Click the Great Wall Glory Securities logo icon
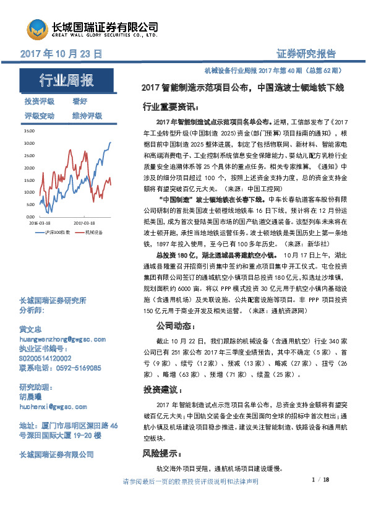[x=36, y=28]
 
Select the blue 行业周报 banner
[x=67, y=80]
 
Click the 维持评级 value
[x=87, y=116]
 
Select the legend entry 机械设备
[x=93, y=231]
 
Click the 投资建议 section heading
[x=163, y=390]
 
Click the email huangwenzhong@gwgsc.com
[x=64, y=340]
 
